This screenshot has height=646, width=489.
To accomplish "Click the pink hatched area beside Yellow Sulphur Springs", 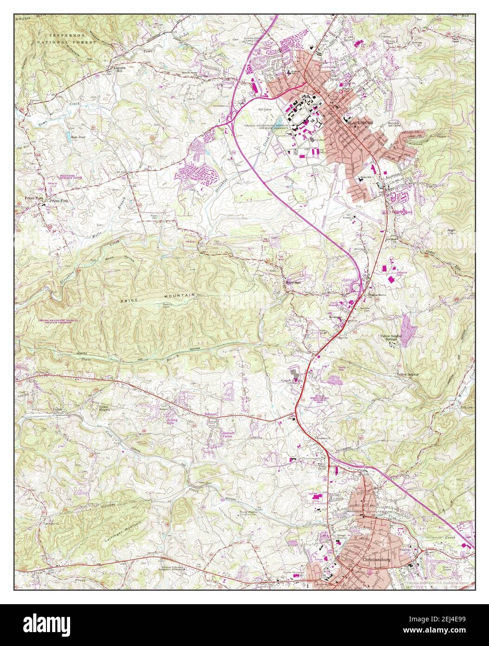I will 407,330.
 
